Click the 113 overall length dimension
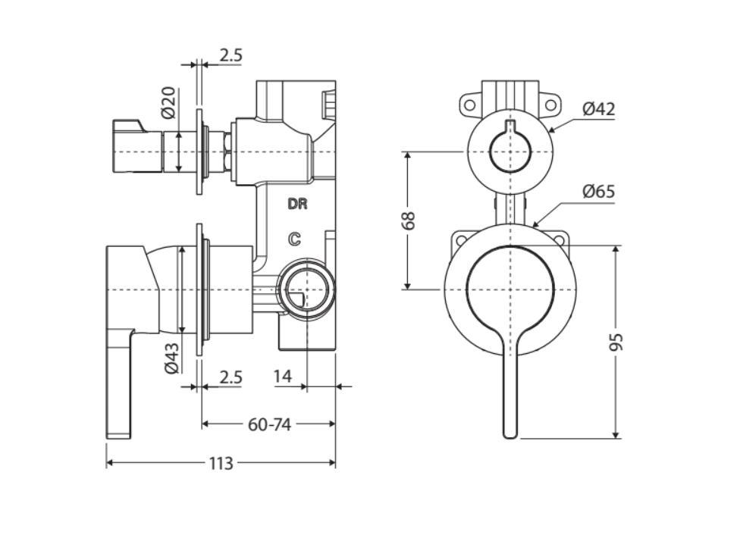(221, 464)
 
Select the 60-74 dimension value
(269, 425)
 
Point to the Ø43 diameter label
(171, 358)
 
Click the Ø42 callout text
(598, 109)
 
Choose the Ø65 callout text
(598, 191)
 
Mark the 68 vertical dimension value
(409, 220)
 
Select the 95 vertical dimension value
(618, 341)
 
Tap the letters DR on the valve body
(296, 204)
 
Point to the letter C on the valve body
(294, 239)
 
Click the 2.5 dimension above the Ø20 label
(230, 55)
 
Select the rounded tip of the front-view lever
(510, 433)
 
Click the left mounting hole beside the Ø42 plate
(469, 105)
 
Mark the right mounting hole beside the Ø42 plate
(551, 105)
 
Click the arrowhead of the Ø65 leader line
(535, 225)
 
